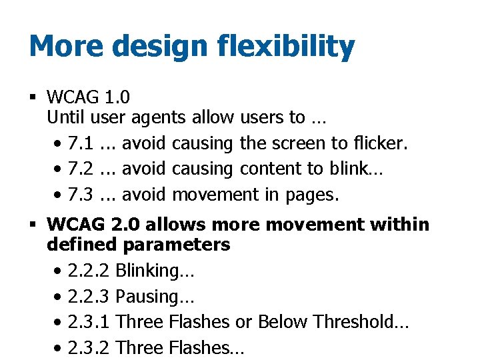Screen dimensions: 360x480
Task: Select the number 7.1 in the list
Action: click(x=81, y=143)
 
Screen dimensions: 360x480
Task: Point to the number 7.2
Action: click(x=81, y=169)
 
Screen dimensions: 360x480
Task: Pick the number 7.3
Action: click(x=81, y=195)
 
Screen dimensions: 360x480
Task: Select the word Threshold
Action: click(x=361, y=321)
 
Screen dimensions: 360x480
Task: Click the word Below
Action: click(x=282, y=321)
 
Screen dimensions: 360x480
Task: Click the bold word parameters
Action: click(x=177, y=245)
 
